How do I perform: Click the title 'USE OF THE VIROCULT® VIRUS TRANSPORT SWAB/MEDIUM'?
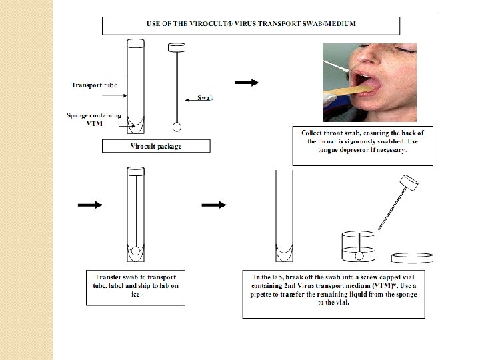251,25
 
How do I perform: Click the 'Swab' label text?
205,98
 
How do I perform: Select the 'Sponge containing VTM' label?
93,119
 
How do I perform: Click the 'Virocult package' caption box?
156,145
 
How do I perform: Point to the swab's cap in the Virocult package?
177,48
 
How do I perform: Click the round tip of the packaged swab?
177,126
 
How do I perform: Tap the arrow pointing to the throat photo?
246,83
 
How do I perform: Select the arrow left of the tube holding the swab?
90,205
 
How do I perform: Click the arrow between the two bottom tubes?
213,205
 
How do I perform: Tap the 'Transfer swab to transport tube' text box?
135,286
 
